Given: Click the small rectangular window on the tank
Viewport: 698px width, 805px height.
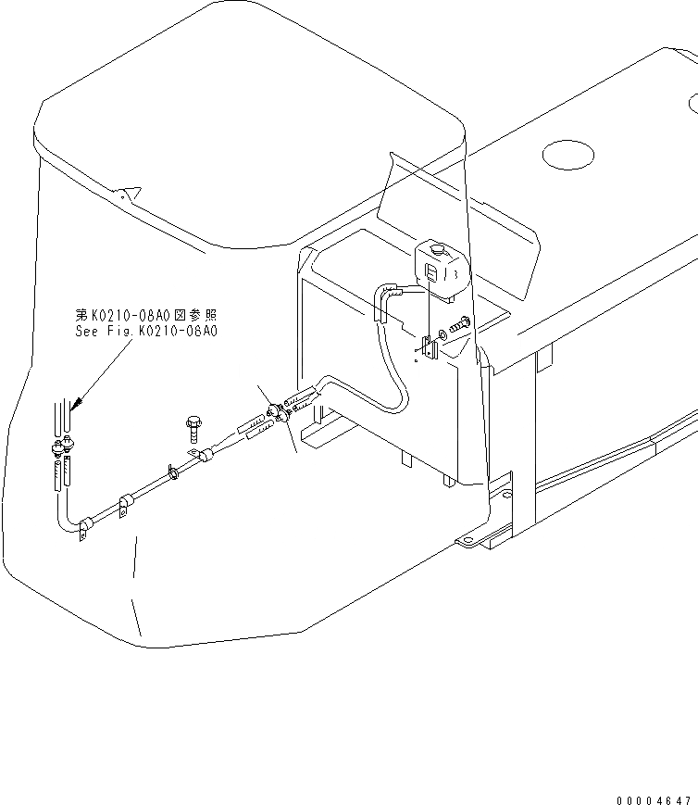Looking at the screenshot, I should (431, 271).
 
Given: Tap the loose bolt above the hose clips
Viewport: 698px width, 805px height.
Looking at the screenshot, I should (193, 428).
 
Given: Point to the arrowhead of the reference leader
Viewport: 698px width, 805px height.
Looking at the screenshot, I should (73, 405).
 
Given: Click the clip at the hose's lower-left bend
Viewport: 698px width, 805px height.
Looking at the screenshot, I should (84, 531).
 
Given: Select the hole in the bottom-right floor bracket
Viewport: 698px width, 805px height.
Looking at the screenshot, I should (506, 497).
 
